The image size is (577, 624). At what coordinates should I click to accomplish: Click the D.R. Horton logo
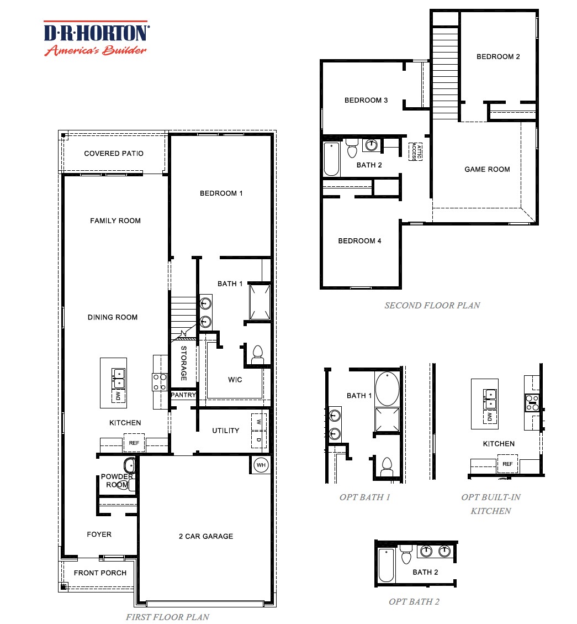[96, 38]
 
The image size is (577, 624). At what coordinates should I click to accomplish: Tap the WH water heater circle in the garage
[261, 465]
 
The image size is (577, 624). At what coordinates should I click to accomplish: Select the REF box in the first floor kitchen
[134, 443]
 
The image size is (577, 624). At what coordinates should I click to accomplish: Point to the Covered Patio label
[113, 153]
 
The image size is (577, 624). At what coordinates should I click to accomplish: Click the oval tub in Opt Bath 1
[387, 389]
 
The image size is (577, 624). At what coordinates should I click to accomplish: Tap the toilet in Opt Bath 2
[406, 553]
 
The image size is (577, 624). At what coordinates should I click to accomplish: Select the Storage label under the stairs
[183, 364]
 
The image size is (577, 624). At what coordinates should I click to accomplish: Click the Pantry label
[183, 395]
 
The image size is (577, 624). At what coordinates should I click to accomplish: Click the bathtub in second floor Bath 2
[331, 159]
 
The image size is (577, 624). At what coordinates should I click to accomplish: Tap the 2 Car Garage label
[205, 536]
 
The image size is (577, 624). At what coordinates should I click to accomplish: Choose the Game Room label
[487, 169]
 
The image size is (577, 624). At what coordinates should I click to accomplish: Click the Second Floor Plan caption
[432, 305]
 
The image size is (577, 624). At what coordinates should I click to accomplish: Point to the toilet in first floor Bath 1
[257, 355]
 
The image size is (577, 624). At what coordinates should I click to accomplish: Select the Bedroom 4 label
[359, 240]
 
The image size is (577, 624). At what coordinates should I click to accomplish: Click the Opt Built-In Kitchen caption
[490, 504]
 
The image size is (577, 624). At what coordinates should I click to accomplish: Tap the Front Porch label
[100, 573]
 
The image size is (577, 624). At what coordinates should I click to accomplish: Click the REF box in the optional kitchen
[507, 464]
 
